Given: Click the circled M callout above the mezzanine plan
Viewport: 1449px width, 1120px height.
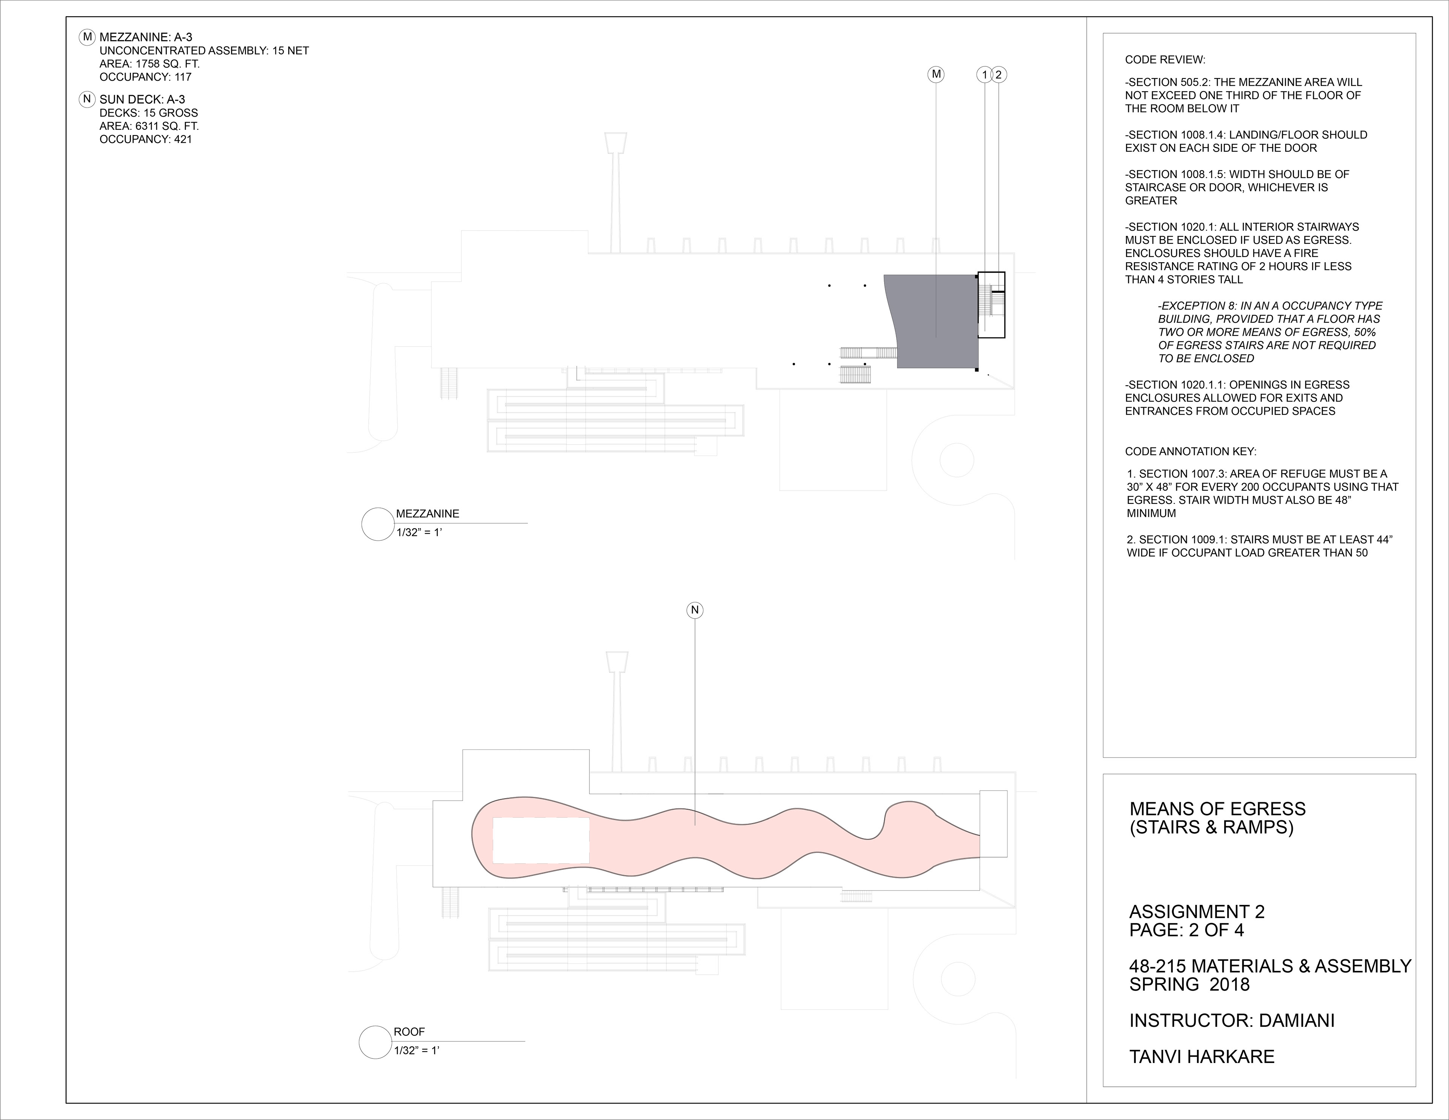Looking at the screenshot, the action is pyautogui.click(x=936, y=74).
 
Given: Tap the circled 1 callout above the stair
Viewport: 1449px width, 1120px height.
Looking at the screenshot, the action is pyautogui.click(x=984, y=75).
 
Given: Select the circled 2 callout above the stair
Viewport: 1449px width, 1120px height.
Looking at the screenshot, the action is pyautogui.click(x=999, y=75).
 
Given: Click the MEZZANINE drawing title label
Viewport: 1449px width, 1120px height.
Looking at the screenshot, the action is pyautogui.click(x=427, y=514).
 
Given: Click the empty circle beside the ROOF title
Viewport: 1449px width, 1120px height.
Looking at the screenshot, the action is pyautogui.click(x=375, y=1042).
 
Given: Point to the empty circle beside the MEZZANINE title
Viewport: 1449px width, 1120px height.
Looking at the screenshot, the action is pyautogui.click(x=377, y=524).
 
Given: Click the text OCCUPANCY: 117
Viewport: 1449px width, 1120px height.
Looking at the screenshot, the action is pyautogui.click(x=145, y=77).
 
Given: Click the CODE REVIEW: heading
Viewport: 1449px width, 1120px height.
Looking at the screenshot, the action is pyautogui.click(x=1164, y=60).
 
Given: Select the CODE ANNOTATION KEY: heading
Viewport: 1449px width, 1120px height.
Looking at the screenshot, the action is pyautogui.click(x=1190, y=452).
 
